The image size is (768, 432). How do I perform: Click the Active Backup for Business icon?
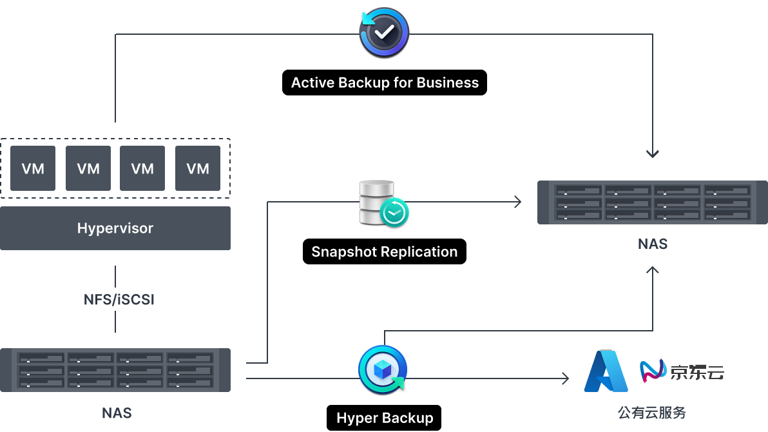click(x=384, y=32)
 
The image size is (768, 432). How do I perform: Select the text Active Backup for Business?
click(x=385, y=83)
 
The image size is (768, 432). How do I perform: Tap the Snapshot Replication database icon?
click(x=383, y=202)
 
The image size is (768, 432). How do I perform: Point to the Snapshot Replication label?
click(x=385, y=251)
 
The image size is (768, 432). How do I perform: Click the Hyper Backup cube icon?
click(x=383, y=369)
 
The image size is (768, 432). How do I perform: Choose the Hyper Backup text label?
click(x=385, y=418)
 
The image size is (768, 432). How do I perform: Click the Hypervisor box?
click(x=115, y=228)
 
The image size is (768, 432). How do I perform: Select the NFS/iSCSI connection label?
click(x=119, y=299)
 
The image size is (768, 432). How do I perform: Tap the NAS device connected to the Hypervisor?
click(x=115, y=370)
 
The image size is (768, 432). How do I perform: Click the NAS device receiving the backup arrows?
click(x=653, y=202)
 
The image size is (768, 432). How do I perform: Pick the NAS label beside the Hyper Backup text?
click(x=117, y=413)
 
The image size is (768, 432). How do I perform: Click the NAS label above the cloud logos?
click(x=653, y=244)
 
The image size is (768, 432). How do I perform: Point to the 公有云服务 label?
click(x=653, y=413)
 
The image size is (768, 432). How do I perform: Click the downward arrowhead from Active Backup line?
click(x=653, y=154)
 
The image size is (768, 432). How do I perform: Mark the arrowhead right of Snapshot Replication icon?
click(x=517, y=202)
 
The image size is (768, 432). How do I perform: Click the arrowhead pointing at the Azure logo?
click(x=566, y=378)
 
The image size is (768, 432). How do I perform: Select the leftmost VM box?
click(x=33, y=168)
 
